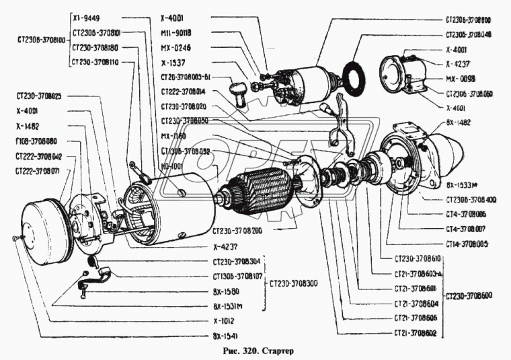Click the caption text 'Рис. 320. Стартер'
pyautogui.click(x=256, y=351)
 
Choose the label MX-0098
pyautogui.click(x=459, y=78)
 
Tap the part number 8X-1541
pyautogui.click(x=224, y=335)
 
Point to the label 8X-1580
pyautogui.click(x=225, y=291)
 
